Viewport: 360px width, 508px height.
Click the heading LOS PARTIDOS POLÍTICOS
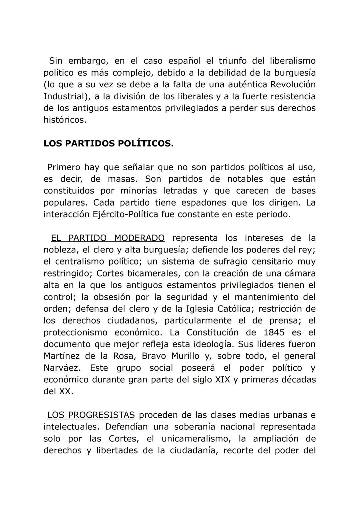tap(108, 144)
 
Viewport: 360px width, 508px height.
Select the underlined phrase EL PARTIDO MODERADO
tap(107, 238)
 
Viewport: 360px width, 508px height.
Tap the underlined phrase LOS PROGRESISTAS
tap(91, 415)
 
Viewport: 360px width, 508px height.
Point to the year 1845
tap(274, 332)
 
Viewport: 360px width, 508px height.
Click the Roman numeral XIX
tap(223, 380)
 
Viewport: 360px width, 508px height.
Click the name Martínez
tap(61, 356)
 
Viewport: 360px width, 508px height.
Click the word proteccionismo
tap(75, 332)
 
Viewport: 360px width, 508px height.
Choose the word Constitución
tap(212, 332)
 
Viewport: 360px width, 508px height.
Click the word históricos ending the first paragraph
tap(65, 120)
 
